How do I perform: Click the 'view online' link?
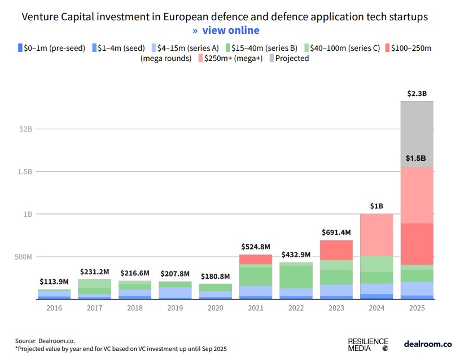pos(231,30)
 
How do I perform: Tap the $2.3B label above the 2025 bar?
pos(417,93)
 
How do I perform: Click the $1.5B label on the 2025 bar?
pos(417,158)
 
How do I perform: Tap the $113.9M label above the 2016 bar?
pos(54,282)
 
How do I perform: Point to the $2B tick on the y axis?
pos(25,129)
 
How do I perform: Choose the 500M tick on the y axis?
pos(23,257)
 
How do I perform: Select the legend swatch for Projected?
pos(271,58)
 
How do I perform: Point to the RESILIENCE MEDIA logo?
pos(368,344)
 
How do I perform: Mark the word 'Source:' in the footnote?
pos(25,341)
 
